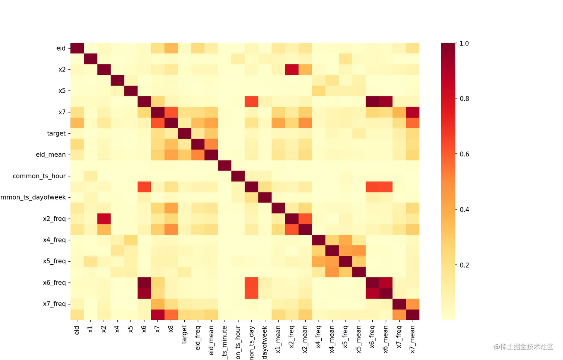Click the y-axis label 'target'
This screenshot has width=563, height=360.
(56, 133)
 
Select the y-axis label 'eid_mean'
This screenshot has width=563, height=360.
(51, 154)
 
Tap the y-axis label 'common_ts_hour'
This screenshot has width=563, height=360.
(39, 176)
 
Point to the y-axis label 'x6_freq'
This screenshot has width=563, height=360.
(54, 283)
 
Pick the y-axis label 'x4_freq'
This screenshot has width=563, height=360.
(54, 240)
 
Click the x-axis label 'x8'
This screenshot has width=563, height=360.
(171, 329)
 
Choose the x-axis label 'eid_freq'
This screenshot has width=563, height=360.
(198, 338)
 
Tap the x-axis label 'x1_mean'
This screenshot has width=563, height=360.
(278, 339)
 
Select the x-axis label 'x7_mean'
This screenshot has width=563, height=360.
(412, 339)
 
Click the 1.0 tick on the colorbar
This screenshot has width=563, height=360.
(464, 44)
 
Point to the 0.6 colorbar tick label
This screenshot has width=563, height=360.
(464, 154)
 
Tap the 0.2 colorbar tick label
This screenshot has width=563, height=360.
(464, 265)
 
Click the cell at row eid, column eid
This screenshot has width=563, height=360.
(77, 48)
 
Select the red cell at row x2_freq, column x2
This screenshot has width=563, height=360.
(104, 219)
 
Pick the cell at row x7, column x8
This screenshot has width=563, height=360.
(171, 112)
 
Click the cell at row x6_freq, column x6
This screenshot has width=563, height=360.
(144, 283)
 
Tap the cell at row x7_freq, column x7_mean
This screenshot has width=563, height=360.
(413, 304)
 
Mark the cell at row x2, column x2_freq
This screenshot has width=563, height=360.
(292, 70)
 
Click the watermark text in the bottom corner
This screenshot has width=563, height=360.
(524, 347)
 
